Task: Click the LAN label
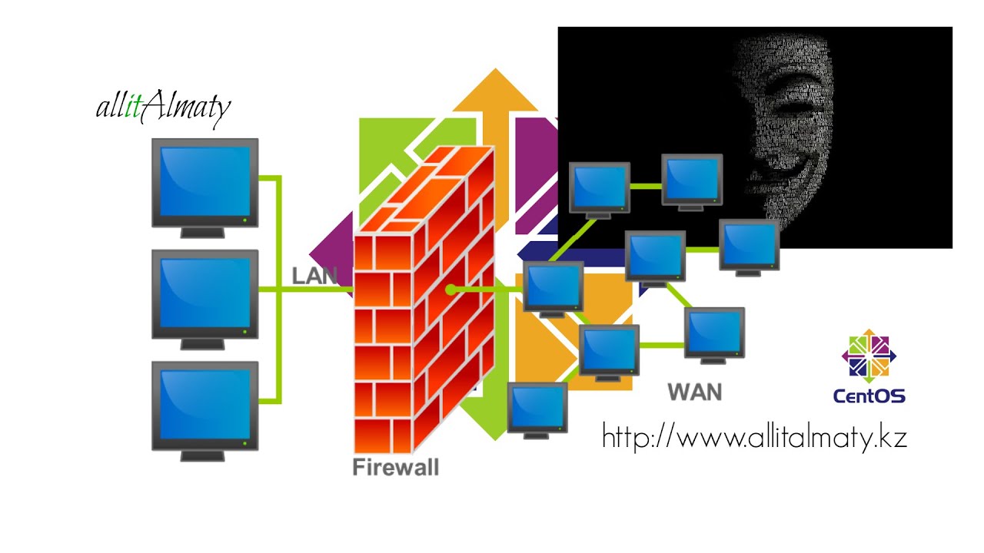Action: (315, 276)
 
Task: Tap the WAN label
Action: (695, 392)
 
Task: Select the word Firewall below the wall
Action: (395, 467)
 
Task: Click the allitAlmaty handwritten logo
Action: (163, 108)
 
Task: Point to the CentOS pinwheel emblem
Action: (869, 356)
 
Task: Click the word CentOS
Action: (869, 396)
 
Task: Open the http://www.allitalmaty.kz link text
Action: (754, 438)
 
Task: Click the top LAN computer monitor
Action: (204, 183)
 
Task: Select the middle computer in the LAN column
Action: (204, 294)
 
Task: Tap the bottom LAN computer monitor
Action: (204, 406)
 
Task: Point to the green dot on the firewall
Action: (450, 290)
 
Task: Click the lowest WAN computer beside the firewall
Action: (537, 408)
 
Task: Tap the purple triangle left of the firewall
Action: (331, 253)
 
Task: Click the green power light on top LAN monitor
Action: (244, 220)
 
